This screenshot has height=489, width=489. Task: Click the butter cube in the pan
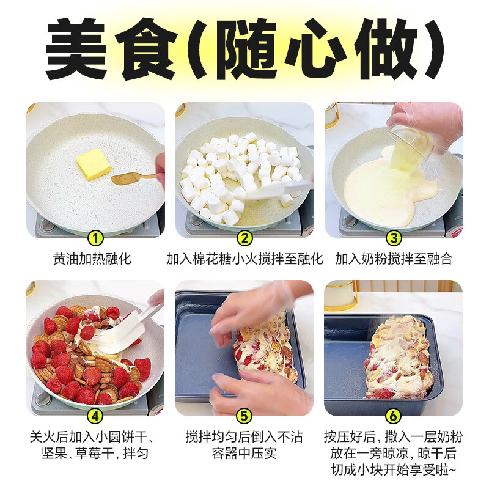[93, 164]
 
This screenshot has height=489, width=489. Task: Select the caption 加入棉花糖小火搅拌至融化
[244, 259]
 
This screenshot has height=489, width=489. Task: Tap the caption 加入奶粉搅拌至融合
[394, 259]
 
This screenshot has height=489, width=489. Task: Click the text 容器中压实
[244, 454]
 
